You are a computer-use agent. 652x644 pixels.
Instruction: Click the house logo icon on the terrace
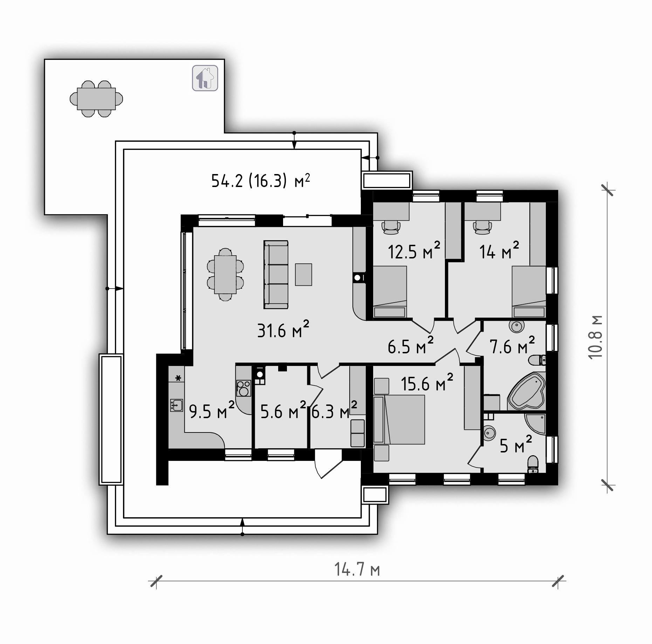coord(205,78)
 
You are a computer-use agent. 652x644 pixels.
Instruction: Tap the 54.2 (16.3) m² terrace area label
coord(261,181)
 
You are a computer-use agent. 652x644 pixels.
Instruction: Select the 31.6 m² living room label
coord(283,330)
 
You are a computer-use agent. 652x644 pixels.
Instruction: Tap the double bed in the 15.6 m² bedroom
coord(399,420)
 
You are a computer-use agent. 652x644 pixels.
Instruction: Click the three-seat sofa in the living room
coord(276,275)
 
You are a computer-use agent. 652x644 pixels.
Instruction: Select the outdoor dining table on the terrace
coord(96,99)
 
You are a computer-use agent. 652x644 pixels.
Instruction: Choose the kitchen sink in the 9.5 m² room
coord(177,405)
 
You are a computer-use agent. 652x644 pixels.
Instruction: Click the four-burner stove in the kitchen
coord(244,388)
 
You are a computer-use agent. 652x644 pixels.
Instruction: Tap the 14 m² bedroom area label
coord(499,250)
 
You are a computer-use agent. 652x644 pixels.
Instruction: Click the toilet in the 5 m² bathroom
coord(533,464)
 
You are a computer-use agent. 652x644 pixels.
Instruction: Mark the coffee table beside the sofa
coord(303,275)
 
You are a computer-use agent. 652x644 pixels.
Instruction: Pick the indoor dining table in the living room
coord(225,275)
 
